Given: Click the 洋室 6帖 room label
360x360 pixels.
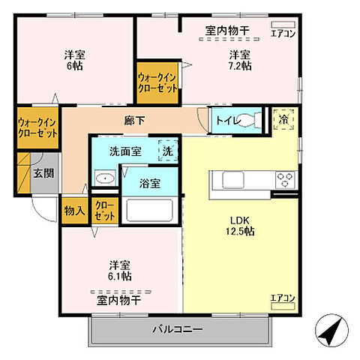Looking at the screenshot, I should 73,60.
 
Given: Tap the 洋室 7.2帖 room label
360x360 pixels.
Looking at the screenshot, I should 240,60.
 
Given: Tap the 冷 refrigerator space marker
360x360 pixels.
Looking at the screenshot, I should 284,119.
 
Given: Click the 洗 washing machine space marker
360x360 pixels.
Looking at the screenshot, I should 169,151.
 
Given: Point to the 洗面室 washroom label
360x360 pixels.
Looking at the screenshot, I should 124,151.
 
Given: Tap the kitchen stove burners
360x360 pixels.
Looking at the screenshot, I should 286,181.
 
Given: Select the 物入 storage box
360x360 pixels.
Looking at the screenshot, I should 73,211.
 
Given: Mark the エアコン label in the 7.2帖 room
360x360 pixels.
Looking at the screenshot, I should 283,34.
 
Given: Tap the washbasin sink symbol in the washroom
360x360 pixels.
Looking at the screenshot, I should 105,178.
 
